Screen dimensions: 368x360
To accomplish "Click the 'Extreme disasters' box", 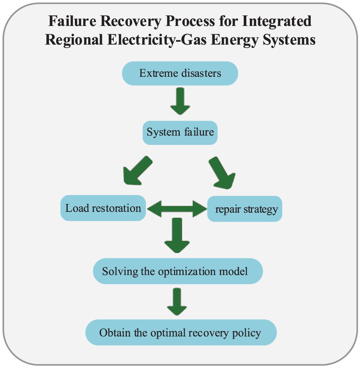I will pyautogui.click(x=180, y=74).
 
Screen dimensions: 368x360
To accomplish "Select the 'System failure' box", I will pyautogui.click(x=180, y=132).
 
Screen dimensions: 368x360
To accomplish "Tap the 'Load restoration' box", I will pyautogui.click(x=103, y=208).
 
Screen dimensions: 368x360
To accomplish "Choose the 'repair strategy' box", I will pyautogui.click(x=245, y=209).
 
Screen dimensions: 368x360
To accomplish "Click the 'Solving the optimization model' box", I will pyautogui.click(x=178, y=271).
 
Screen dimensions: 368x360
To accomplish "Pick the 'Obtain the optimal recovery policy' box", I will pyautogui.click(x=181, y=332).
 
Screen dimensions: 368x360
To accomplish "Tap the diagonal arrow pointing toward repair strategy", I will pyautogui.click(x=221, y=172).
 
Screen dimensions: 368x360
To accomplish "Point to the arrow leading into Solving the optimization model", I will pyautogui.click(x=177, y=235).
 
